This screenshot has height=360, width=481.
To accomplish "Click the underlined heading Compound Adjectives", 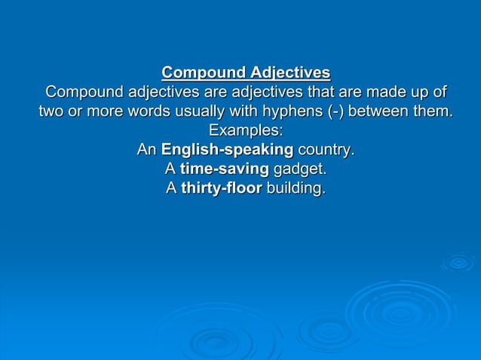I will tap(246, 73).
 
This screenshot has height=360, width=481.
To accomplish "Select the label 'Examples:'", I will tap(246, 131).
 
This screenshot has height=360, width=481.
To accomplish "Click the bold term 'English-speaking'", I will tap(227, 150).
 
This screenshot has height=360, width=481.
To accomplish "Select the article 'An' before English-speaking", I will tap(146, 150).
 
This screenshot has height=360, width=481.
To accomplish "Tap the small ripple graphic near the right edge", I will tap(458, 263).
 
